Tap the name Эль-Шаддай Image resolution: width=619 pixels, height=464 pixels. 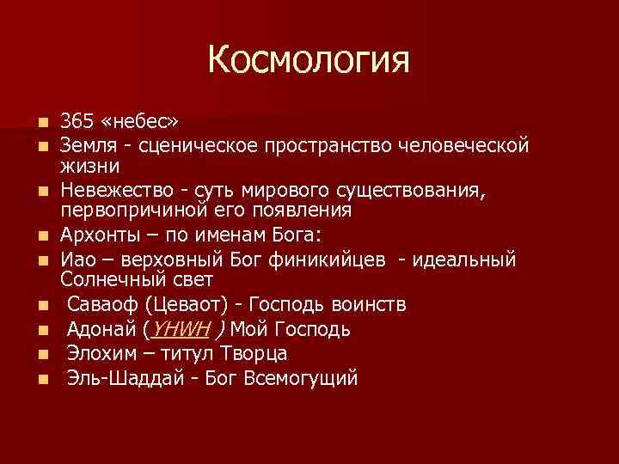click(x=125, y=378)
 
